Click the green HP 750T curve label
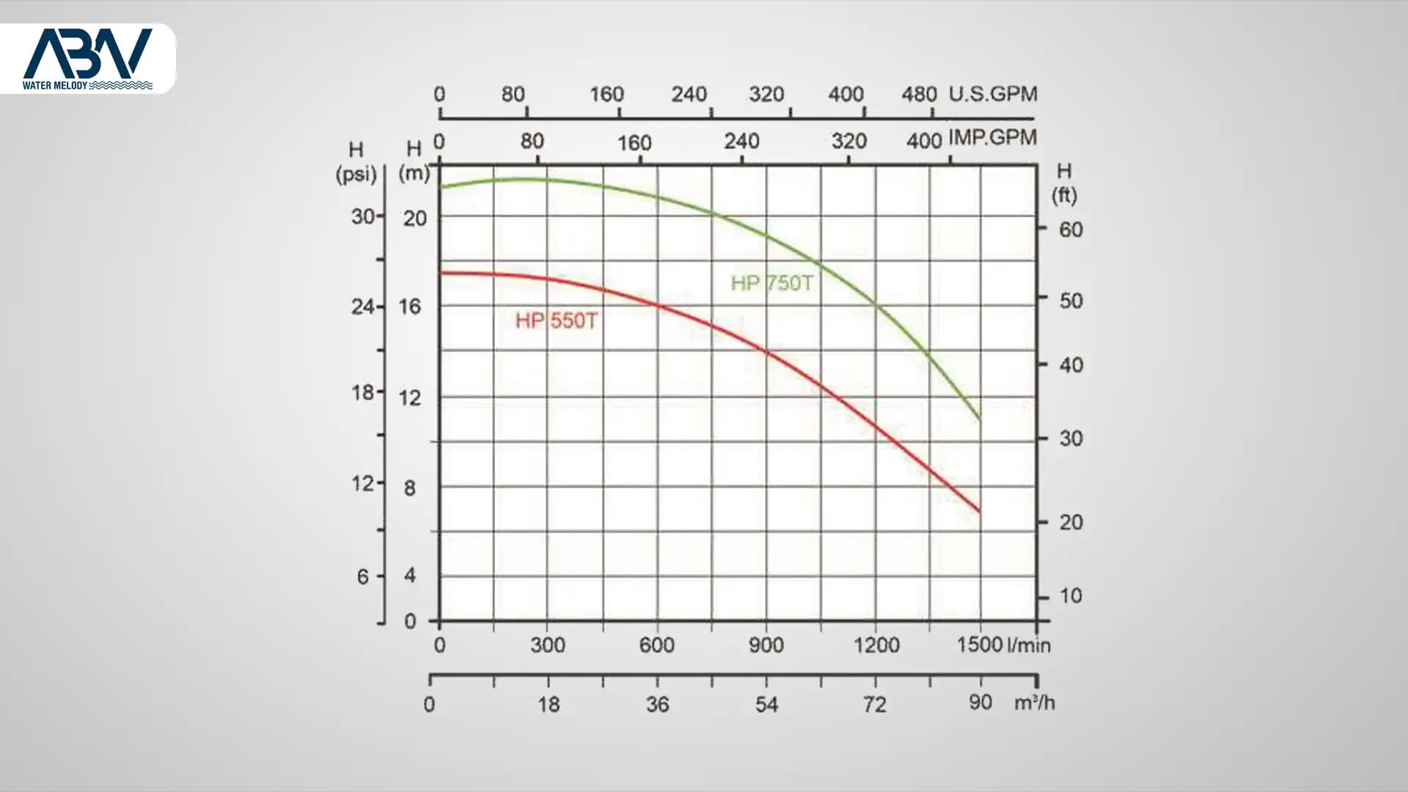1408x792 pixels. point(772,283)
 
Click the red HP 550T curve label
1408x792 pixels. point(557,320)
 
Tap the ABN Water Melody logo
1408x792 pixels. point(87,59)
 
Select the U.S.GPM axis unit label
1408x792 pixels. point(993,94)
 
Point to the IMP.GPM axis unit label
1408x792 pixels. point(993,137)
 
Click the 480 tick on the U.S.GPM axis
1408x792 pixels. point(919,94)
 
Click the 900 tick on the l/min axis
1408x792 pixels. point(766,645)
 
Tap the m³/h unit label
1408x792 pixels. point(1034,703)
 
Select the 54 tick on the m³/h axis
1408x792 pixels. point(766,705)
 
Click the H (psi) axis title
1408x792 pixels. point(356,162)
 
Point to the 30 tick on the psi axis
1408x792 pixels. point(363,216)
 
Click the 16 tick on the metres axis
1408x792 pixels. point(410,307)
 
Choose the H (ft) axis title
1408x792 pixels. point(1064,183)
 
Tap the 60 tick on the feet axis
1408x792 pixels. point(1071,230)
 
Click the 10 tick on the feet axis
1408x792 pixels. point(1071,595)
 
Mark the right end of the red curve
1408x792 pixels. point(980,512)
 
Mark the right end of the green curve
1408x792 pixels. point(980,419)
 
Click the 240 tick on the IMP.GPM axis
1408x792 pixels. point(741,141)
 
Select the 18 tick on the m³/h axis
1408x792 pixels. point(549,705)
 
